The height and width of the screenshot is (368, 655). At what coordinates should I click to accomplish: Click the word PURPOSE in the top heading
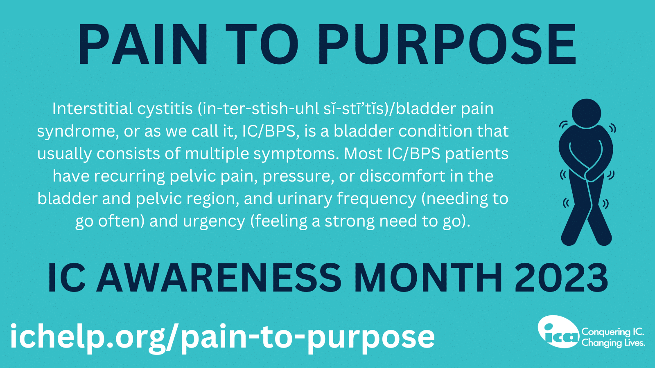click(x=447, y=45)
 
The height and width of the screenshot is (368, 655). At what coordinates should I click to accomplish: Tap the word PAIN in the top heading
click(x=143, y=45)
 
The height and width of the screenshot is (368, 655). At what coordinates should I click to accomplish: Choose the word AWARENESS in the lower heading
click(x=219, y=278)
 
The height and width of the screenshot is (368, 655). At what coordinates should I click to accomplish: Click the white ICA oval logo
click(x=558, y=332)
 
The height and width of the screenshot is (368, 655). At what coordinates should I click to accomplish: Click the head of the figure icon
click(x=586, y=113)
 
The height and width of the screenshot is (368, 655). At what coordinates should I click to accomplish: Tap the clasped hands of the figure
click(x=592, y=174)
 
